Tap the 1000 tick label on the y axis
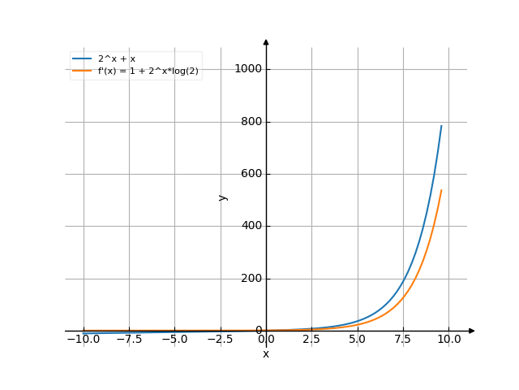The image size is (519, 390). click(248, 69)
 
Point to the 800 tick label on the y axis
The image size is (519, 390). click(251, 122)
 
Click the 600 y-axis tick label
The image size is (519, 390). click(251, 174)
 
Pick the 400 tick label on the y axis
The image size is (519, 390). click(251, 227)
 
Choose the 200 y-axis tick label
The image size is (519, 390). click(251, 279)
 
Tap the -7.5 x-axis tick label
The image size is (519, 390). click(128, 339)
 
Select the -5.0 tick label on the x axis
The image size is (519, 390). click(174, 339)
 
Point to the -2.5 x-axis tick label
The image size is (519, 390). click(219, 339)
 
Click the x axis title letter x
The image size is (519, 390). click(266, 353)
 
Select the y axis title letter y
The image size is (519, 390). click(223, 197)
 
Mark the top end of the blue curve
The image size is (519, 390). click(442, 125)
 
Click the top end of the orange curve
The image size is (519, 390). click(442, 190)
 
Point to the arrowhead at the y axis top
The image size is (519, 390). click(266, 41)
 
